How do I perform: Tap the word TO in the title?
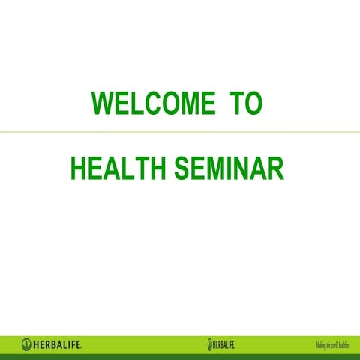(x=245, y=103)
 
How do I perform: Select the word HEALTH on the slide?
(x=118, y=169)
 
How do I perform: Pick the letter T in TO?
(x=235, y=103)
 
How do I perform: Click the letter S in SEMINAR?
(x=181, y=169)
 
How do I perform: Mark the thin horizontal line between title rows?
(x=180, y=133)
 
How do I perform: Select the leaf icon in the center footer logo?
(x=211, y=344)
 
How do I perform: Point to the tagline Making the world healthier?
(x=332, y=344)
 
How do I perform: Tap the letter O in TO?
(x=253, y=103)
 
